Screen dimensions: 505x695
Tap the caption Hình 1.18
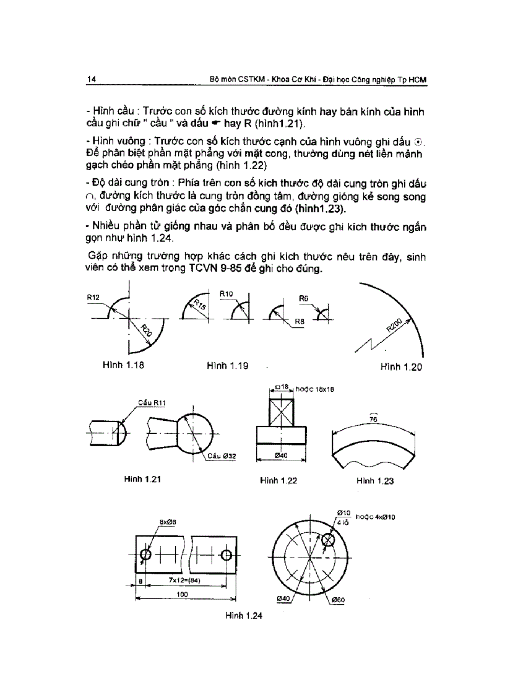[x=123, y=366]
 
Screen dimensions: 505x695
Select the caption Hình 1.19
[x=228, y=366]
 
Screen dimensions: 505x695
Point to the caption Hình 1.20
[x=401, y=367]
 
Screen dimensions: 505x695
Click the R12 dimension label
[x=93, y=298]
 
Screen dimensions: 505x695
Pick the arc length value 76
[x=373, y=419]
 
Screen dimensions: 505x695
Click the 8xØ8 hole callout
[x=168, y=522]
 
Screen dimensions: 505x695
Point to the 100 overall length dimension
[x=182, y=594]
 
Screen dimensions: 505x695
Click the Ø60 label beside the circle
[x=338, y=600]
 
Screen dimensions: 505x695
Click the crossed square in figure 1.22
[x=282, y=410]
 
